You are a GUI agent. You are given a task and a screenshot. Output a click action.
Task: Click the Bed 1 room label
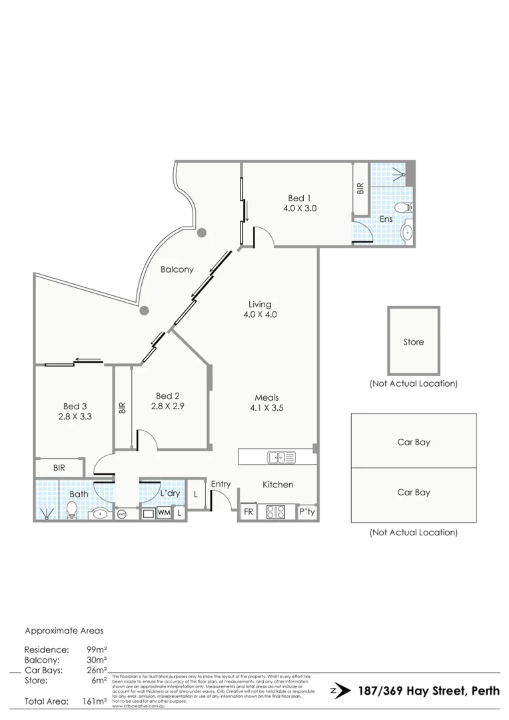click(x=299, y=198)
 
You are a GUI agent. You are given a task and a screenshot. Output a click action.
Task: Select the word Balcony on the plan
click(x=177, y=269)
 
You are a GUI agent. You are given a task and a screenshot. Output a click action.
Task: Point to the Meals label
click(x=264, y=397)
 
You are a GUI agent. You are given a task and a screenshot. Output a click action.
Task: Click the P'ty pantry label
click(x=306, y=513)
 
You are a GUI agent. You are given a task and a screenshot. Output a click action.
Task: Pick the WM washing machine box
click(x=164, y=513)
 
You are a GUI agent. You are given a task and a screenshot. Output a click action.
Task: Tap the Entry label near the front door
click(x=221, y=485)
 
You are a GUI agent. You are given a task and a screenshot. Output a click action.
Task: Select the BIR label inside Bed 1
click(x=360, y=189)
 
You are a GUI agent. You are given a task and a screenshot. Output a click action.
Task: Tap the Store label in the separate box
click(x=413, y=342)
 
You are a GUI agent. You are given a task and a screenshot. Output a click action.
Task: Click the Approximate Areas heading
click(x=64, y=630)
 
